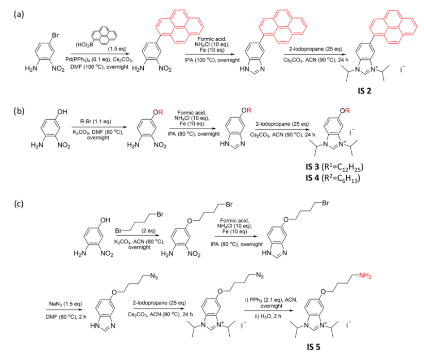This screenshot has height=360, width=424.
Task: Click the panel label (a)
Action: tap(19, 14)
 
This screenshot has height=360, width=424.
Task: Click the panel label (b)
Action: tap(19, 111)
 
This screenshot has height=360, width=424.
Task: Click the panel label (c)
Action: tap(19, 204)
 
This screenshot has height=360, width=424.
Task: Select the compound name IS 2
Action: tap(364, 91)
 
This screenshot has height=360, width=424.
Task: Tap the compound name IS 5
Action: tap(313, 347)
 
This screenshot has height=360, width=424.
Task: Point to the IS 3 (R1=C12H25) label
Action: tap(334, 167)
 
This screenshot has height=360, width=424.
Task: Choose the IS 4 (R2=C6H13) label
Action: tap(333, 178)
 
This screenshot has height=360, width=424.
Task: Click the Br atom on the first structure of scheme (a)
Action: tap(55, 35)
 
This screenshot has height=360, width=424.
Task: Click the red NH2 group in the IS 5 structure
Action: tap(365, 276)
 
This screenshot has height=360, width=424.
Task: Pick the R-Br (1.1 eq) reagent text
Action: tap(95, 121)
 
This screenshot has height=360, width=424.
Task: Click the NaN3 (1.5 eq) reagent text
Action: tap(65, 304)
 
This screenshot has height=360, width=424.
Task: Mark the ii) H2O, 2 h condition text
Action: tap(268, 316)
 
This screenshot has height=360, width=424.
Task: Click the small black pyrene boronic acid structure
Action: tap(104, 35)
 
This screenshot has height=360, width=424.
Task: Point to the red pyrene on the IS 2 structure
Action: tap(394, 26)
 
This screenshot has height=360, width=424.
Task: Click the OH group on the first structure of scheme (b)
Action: tap(62, 112)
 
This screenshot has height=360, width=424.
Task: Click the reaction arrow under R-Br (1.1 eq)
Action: tap(99, 127)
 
